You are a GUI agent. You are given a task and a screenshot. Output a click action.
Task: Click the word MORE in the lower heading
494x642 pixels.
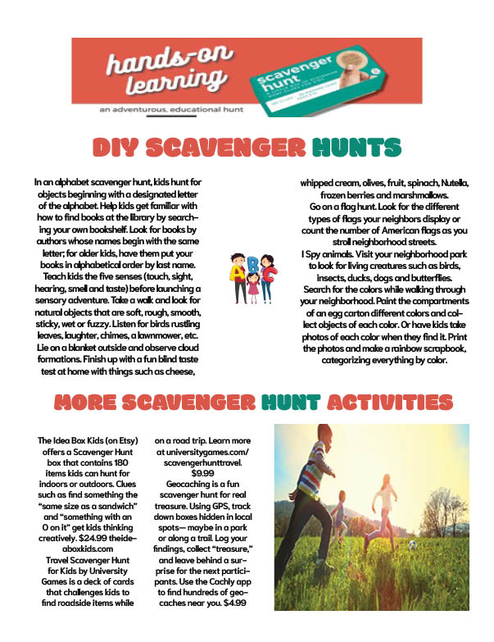[x=86, y=403]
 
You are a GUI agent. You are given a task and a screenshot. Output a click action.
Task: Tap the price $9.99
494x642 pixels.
[x=201, y=473]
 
